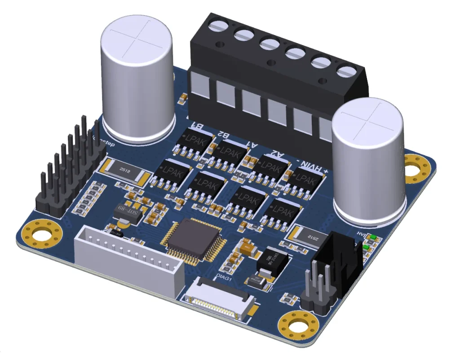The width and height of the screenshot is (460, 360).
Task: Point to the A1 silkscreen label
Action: (x=253, y=145)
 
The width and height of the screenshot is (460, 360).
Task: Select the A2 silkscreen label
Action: (x=280, y=155)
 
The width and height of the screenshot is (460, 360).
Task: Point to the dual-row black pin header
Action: (x=67, y=171)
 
